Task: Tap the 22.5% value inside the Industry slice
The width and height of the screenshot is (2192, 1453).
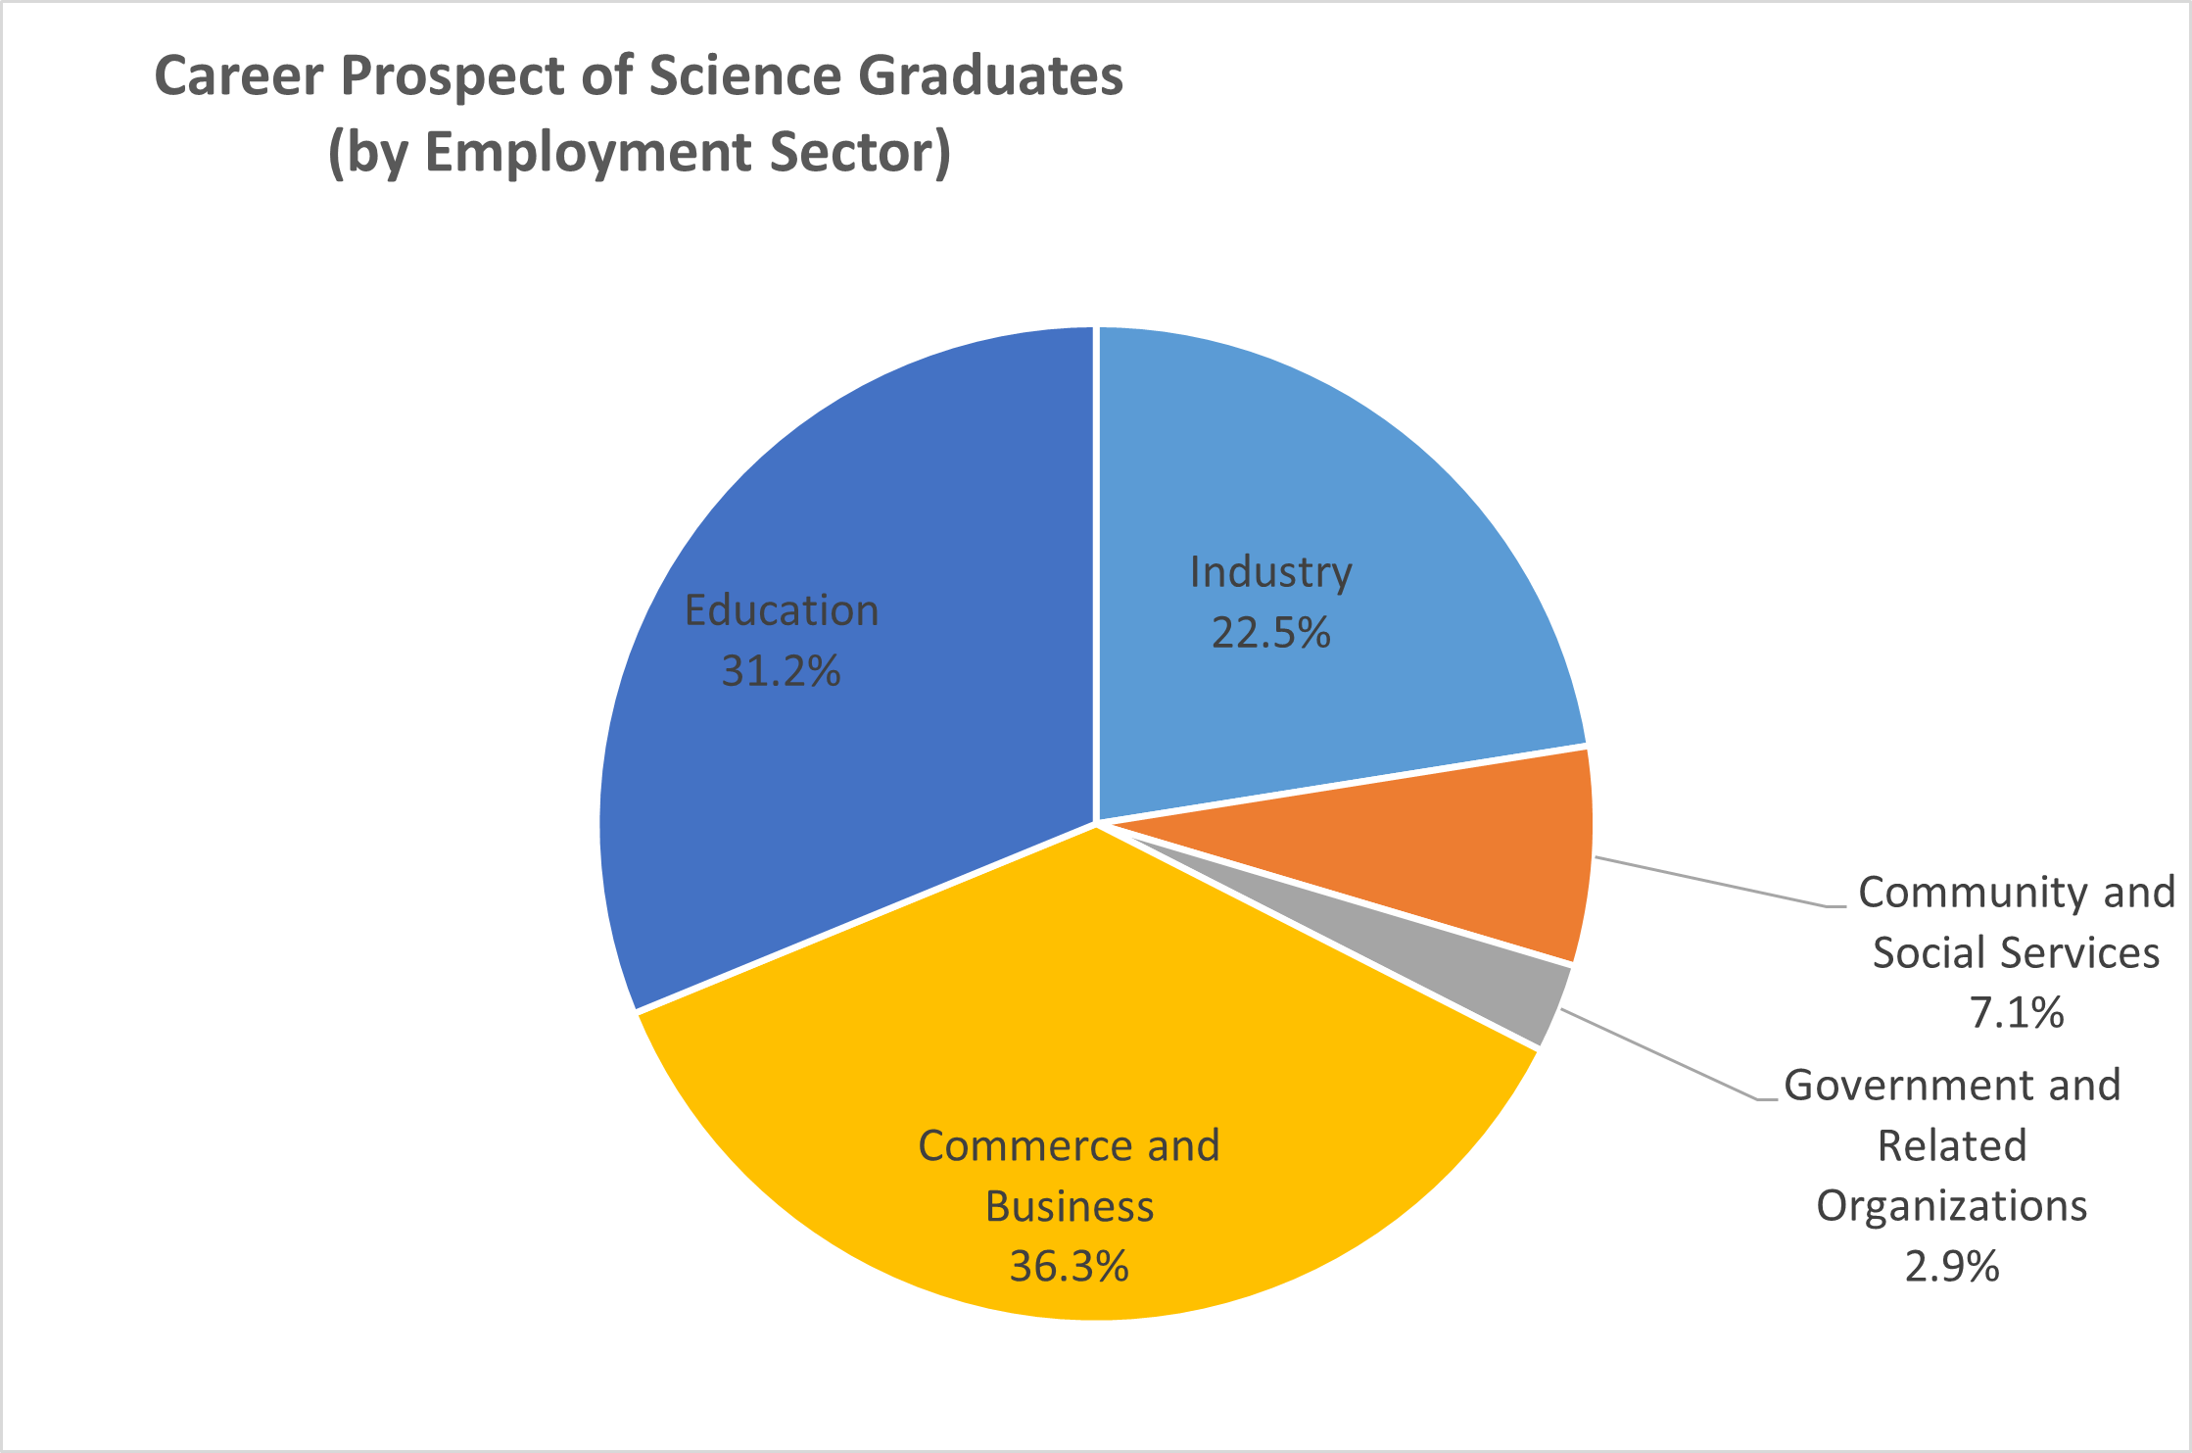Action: point(1270,633)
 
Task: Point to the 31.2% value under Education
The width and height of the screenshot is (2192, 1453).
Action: point(781,671)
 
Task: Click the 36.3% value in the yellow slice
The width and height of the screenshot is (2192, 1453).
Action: point(1069,1267)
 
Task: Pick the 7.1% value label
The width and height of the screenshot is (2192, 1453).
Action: point(2017,1012)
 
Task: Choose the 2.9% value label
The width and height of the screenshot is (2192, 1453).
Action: point(1951,1267)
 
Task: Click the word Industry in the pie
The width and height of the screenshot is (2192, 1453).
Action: point(1270,572)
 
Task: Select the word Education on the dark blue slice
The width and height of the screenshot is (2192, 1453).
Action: point(781,610)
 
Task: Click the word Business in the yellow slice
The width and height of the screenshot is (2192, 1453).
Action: point(1069,1206)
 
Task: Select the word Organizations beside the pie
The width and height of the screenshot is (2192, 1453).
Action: point(1951,1206)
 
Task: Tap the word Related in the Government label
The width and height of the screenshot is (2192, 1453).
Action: point(1951,1145)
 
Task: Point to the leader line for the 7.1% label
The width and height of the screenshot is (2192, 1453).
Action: point(1714,883)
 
